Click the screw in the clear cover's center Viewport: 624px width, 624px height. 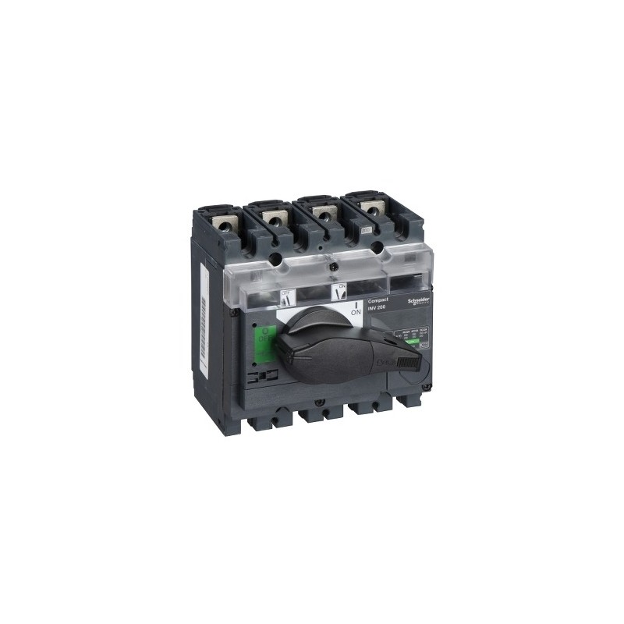coord(332,268)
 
